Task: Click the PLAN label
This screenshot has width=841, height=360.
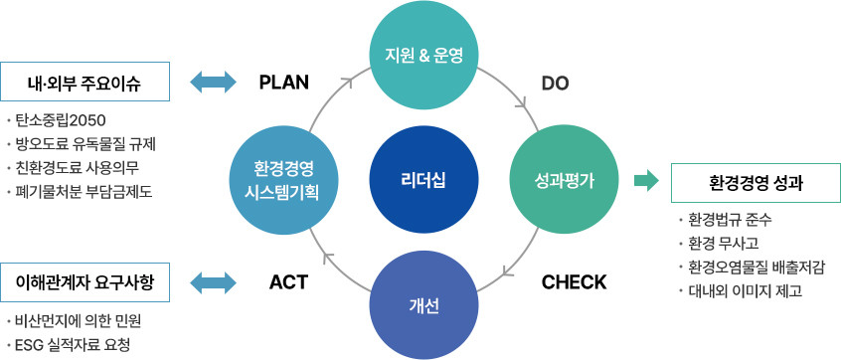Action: pos(284,82)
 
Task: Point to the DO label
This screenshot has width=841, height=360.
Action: pos(555,82)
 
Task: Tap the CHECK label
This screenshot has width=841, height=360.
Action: pos(574,281)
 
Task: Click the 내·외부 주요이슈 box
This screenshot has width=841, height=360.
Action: pos(84,82)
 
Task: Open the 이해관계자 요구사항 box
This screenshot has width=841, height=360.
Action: pos(84,281)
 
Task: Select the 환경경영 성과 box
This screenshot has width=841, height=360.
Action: pos(757,182)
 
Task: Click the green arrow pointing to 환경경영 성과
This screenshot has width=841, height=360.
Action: pos(646,181)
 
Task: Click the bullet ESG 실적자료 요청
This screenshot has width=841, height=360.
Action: pos(73,344)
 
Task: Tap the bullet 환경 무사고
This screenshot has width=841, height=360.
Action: pos(722,243)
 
